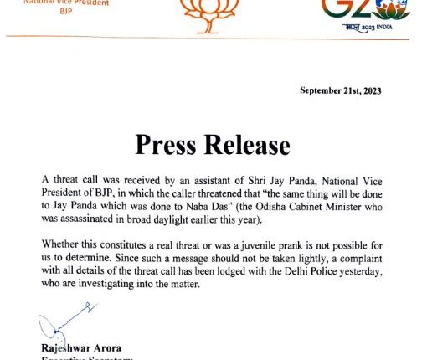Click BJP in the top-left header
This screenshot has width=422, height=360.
click(x=66, y=14)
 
